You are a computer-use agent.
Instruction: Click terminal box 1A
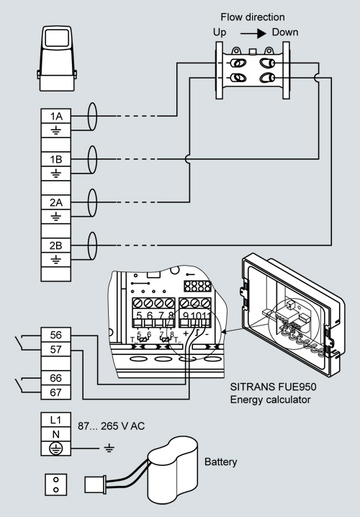tap(55, 116)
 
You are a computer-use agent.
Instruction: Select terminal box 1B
tap(55, 159)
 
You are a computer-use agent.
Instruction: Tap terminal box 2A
tap(55, 202)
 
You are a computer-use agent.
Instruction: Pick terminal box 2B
tap(55, 246)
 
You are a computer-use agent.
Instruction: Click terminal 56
tap(55, 335)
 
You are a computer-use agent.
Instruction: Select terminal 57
tap(55, 349)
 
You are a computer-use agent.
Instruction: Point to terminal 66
tap(55, 378)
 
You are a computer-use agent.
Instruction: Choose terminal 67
tap(55, 392)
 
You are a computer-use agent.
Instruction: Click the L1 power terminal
tap(55, 420)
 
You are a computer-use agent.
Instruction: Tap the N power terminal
tap(55, 434)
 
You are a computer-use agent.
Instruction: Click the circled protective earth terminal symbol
tap(55, 449)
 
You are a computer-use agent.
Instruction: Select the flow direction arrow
tap(253, 33)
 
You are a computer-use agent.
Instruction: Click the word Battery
tap(220, 462)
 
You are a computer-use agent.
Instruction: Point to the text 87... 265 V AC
tap(111, 426)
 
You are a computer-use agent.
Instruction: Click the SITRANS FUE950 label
tap(273, 387)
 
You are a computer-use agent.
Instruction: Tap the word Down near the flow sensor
tap(285, 32)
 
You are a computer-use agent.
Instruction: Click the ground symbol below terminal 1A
tap(55, 130)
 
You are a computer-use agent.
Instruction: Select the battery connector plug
tap(95, 485)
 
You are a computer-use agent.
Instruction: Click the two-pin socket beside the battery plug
tap(55, 485)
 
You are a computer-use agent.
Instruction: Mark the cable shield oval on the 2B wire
tap(93, 246)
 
